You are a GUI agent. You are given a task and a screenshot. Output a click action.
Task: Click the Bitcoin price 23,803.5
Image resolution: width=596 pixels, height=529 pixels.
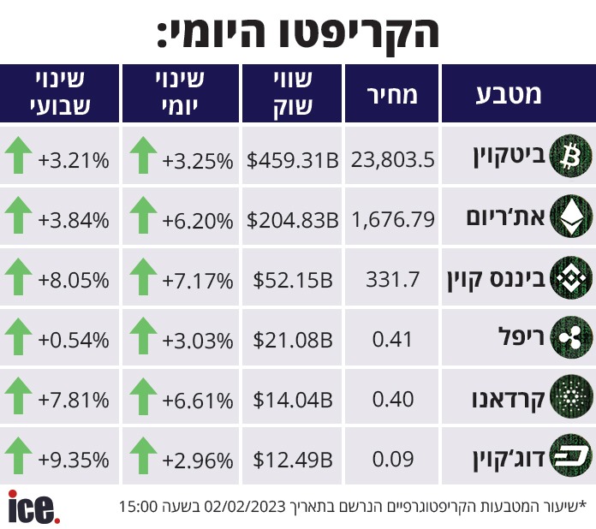pyautogui.click(x=392, y=159)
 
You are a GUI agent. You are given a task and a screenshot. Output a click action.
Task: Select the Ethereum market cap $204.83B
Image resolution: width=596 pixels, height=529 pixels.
pyautogui.click(x=292, y=220)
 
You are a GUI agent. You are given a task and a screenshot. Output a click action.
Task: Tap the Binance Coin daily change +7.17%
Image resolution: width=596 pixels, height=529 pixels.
pyautogui.click(x=198, y=281)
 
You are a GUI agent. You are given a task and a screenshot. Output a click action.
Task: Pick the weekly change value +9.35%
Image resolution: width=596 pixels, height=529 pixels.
pyautogui.click(x=74, y=460)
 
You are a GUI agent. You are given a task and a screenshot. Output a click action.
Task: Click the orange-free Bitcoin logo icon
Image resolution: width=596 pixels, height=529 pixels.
pyautogui.click(x=571, y=156)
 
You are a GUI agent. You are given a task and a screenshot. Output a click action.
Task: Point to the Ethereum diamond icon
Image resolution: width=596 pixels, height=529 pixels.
pyautogui.click(x=571, y=216)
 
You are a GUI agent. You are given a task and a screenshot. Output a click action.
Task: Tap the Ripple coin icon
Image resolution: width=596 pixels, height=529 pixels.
pyautogui.click(x=571, y=337)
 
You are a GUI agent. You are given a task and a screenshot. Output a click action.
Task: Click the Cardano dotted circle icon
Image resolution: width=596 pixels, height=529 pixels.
pyautogui.click(x=571, y=397)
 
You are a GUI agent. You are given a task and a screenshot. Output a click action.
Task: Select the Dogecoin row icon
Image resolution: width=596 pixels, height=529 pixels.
pyautogui.click(x=571, y=455)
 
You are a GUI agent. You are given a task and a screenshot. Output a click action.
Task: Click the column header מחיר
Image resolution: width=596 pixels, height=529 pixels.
pyautogui.click(x=392, y=94)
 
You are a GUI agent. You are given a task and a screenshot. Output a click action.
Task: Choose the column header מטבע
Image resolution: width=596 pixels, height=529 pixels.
pyautogui.click(x=509, y=94)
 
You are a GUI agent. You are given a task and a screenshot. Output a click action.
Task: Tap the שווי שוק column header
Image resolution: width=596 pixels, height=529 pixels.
pyautogui.click(x=293, y=93)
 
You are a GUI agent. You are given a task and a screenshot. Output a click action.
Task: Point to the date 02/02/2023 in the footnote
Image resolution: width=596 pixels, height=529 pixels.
pyautogui.click(x=245, y=507)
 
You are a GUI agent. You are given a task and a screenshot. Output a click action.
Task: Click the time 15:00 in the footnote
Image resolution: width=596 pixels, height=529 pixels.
pyautogui.click(x=139, y=507)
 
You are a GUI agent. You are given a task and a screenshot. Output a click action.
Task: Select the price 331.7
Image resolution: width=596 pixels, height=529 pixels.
pyautogui.click(x=392, y=280)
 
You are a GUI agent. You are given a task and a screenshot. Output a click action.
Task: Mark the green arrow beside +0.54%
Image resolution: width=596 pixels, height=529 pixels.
pyautogui.click(x=18, y=336)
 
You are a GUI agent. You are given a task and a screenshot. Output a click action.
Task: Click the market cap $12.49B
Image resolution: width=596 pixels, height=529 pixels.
pyautogui.click(x=293, y=460)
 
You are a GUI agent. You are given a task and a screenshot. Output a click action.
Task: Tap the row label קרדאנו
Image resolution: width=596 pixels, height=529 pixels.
pyautogui.click(x=508, y=399)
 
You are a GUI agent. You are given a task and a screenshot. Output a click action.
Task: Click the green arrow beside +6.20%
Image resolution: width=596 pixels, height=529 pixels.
pyautogui.click(x=143, y=215)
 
